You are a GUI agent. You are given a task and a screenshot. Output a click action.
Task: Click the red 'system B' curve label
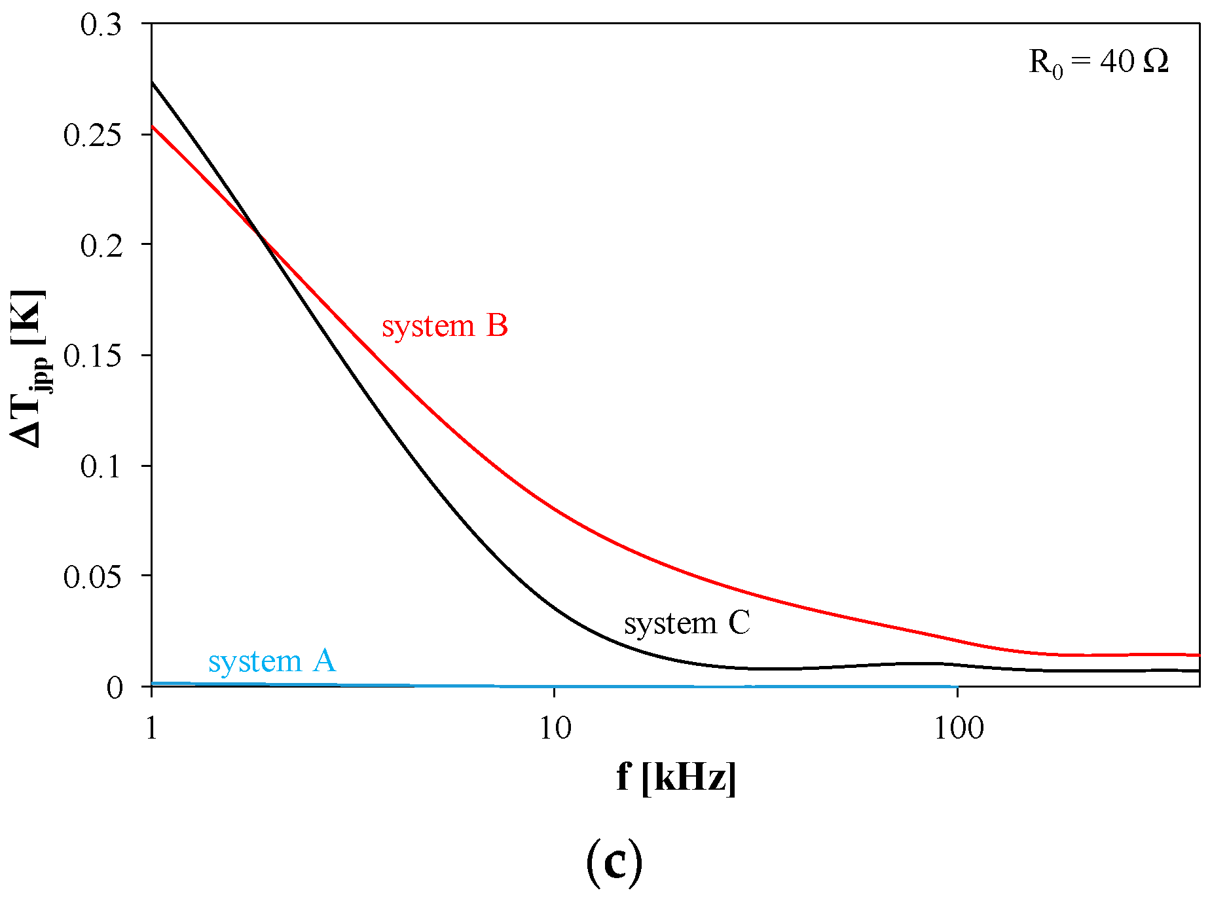tap(445, 326)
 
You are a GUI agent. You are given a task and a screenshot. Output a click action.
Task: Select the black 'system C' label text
tap(686, 623)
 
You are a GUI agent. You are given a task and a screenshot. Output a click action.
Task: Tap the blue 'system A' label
tap(272, 661)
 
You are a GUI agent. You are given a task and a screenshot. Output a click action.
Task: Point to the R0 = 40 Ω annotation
tap(1098, 63)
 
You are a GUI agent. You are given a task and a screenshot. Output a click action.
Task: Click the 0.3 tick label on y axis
tap(101, 25)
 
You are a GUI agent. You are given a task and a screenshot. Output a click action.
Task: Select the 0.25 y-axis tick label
tap(92, 136)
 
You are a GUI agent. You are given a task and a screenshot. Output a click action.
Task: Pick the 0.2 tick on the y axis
tap(101, 246)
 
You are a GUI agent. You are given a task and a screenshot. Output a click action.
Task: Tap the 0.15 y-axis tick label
tap(92, 356)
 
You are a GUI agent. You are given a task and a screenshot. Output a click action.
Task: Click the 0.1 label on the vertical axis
tap(101, 467)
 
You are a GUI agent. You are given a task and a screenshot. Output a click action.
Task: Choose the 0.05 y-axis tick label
tap(92, 577)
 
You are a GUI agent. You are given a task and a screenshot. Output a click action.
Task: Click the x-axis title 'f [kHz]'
tap(676, 778)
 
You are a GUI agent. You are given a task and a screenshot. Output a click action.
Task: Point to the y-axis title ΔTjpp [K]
tap(29, 367)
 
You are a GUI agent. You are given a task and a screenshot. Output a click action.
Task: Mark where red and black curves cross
tap(261, 236)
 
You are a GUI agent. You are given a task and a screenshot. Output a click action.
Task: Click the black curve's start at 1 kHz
tap(153, 83)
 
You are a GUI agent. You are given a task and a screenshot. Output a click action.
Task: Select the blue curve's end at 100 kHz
tap(957, 686)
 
